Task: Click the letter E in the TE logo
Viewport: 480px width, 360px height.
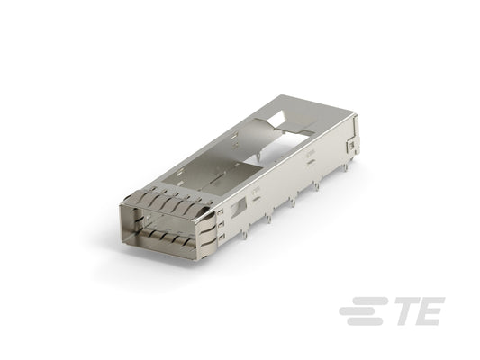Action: point(430,310)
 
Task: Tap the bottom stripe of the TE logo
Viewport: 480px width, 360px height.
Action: point(366,321)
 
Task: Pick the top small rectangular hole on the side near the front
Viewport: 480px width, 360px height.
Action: point(221,212)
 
